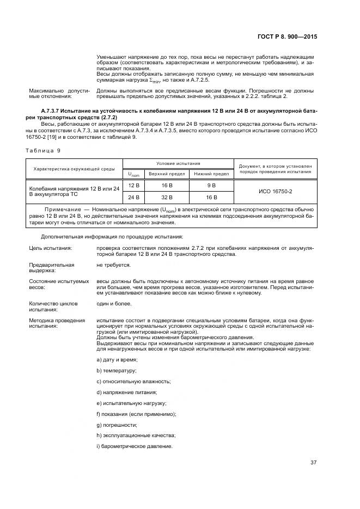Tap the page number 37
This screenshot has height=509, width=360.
[313, 463]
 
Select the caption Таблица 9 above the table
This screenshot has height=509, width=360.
[41, 150]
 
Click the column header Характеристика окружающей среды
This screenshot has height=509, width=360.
[74, 169]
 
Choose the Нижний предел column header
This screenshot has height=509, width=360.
[211, 174]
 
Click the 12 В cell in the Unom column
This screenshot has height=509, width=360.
[133, 186]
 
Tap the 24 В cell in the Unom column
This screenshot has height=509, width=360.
[133, 197]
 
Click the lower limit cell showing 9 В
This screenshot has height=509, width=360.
[211, 186]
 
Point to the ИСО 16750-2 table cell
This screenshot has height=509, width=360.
[274, 192]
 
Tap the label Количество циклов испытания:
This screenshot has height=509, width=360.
[53, 305]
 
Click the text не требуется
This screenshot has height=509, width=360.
[113, 265]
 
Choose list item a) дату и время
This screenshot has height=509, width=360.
[117, 360]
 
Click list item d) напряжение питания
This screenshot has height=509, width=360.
[126, 392]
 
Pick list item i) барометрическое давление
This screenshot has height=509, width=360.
[133, 446]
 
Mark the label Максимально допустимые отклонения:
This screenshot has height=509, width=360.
[58, 93]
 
